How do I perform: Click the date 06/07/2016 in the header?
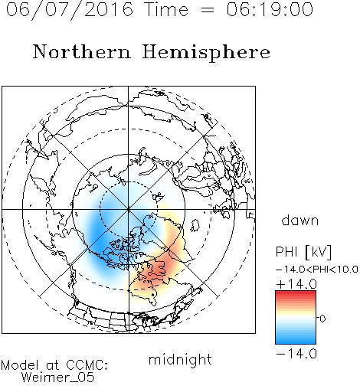click(70, 10)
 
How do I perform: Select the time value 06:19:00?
click(270, 9)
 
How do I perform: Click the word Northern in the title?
click(82, 51)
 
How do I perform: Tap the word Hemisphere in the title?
click(206, 53)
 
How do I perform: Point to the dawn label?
click(300, 220)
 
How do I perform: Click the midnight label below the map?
click(180, 360)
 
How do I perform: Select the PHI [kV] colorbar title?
click(303, 252)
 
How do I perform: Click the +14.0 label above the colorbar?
click(296, 284)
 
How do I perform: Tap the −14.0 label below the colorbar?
click(296, 354)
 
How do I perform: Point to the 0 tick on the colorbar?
click(322, 319)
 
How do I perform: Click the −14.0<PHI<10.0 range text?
click(317, 270)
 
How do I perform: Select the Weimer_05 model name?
click(58, 378)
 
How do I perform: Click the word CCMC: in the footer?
click(87, 365)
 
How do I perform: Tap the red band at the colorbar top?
click(296, 294)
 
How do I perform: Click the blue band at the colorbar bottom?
click(296, 341)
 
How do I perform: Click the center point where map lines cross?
click(129, 209)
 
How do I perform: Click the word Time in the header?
click(166, 10)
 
